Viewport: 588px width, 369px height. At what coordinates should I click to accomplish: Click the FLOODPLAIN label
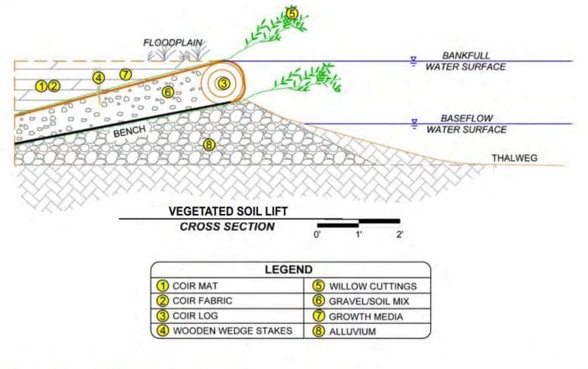173,43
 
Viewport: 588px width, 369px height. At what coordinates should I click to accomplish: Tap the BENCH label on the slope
129,132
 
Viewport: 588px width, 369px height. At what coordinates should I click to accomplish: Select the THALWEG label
514,158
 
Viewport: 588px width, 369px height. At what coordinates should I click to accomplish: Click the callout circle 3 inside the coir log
223,83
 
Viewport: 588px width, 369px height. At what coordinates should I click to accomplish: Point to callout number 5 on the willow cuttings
291,13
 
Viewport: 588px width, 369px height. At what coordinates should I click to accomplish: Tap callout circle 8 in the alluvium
209,144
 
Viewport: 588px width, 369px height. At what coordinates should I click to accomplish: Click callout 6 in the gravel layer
168,91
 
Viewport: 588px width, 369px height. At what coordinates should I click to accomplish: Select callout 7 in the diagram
126,74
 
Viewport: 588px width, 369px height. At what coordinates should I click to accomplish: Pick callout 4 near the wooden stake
98,78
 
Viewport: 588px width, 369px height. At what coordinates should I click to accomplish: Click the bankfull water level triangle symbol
413,61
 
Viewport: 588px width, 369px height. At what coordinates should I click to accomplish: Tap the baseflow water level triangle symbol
414,124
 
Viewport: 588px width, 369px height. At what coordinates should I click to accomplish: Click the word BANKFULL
466,55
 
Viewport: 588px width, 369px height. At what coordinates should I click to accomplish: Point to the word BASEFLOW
466,118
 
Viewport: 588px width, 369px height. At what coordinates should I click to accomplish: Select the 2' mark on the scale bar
400,235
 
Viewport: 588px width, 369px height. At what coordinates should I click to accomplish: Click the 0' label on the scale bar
318,235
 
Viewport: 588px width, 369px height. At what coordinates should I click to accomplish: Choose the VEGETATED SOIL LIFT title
228,211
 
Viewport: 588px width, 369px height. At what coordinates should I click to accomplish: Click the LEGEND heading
288,269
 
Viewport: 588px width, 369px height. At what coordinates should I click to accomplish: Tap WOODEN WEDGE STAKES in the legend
233,330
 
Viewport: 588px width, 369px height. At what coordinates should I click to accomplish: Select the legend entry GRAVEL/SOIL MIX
369,301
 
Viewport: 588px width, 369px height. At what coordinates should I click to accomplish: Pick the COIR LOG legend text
195,316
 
